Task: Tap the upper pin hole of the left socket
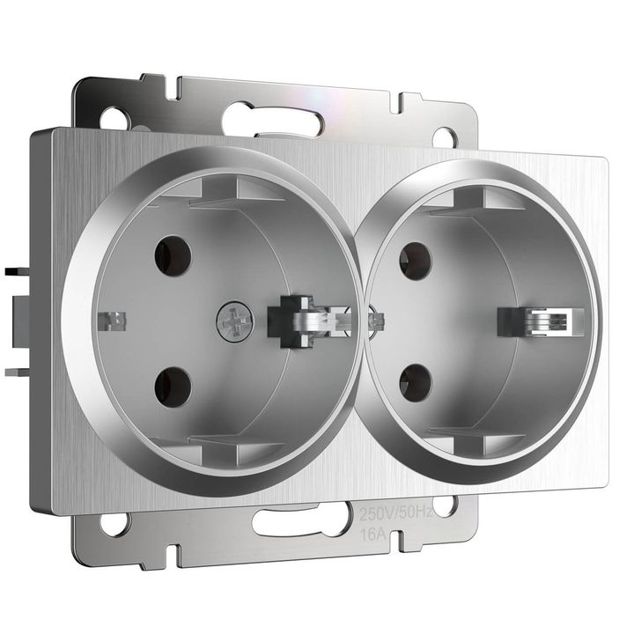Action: [173, 255]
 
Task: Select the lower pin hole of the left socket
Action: [173, 385]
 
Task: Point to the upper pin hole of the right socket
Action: [415, 261]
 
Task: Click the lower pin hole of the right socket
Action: [415, 382]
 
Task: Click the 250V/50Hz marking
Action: [395, 512]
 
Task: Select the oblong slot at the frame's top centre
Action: [263, 117]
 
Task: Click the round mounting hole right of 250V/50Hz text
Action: [445, 505]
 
